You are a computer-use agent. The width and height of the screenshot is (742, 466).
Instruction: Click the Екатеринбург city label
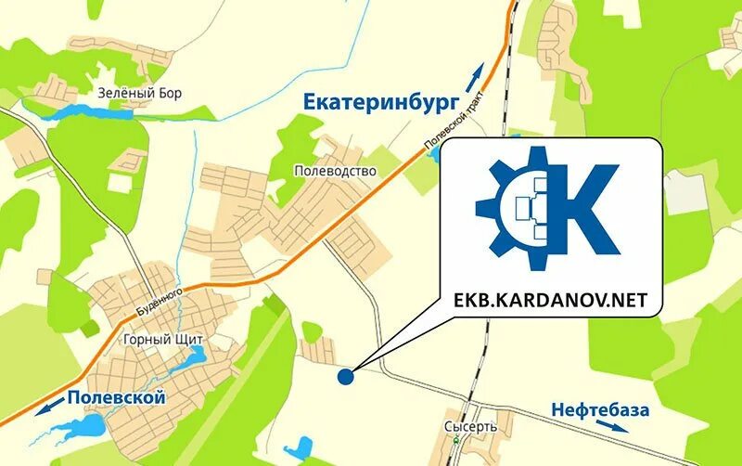pyautogui.click(x=375, y=103)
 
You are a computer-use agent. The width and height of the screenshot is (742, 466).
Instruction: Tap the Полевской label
pyautogui.click(x=116, y=398)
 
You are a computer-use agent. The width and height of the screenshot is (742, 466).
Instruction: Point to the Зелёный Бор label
pyautogui.click(x=139, y=93)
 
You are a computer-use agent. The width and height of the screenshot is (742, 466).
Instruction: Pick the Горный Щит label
pyautogui.click(x=162, y=340)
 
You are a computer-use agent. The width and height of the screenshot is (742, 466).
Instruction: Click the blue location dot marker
pyautogui.click(x=345, y=377)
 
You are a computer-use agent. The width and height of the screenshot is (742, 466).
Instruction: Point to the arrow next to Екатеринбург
pyautogui.click(x=474, y=73)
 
